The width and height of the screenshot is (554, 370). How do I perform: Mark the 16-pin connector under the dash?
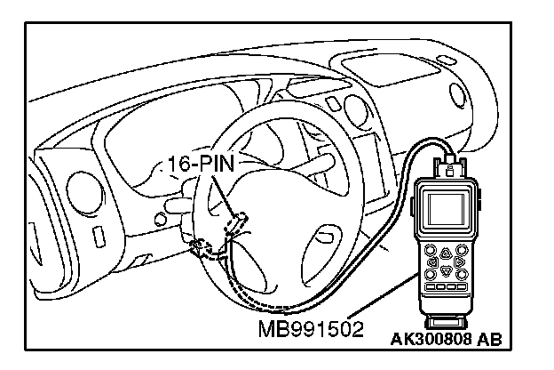click(202, 249)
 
